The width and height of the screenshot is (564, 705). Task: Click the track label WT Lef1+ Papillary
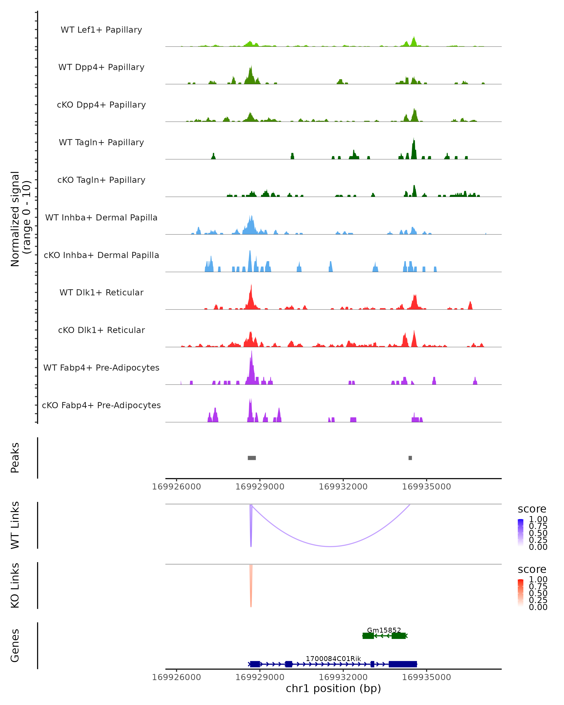pyautogui.click(x=101, y=30)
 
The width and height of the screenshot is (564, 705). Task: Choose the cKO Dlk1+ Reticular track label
pyautogui.click(x=101, y=330)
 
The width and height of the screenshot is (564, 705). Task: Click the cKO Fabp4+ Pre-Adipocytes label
pyautogui.click(x=101, y=405)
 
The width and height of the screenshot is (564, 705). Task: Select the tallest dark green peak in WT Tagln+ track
pyautogui.click(x=414, y=139)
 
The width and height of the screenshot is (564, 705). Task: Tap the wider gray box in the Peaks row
pyautogui.click(x=252, y=458)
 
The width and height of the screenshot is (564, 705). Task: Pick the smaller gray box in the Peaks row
pyautogui.click(x=410, y=458)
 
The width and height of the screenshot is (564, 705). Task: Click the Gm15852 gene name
pyautogui.click(x=384, y=630)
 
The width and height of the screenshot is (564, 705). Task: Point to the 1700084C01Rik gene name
pyautogui.click(x=333, y=658)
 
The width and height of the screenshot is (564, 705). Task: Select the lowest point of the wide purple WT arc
pyautogui.click(x=331, y=546)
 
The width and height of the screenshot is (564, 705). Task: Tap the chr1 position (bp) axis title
pyautogui.click(x=333, y=688)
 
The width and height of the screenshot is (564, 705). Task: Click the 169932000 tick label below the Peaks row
pyautogui.click(x=343, y=487)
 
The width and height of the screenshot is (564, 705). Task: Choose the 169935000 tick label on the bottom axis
pyautogui.click(x=426, y=677)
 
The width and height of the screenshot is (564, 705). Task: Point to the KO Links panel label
pyautogui.click(x=15, y=585)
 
